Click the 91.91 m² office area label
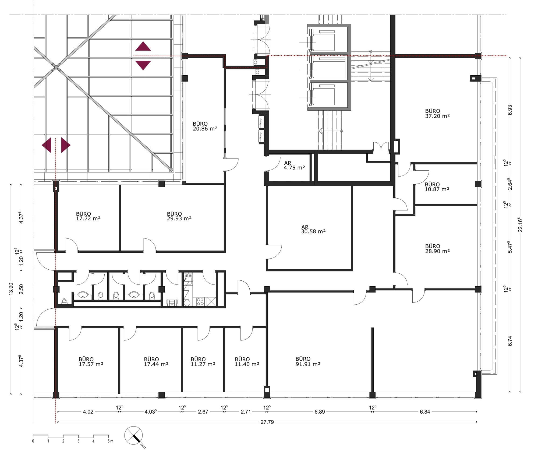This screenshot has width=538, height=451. [308, 361]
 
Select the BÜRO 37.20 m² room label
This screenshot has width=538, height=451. [437, 113]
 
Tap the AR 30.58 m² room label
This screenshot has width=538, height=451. [313, 229]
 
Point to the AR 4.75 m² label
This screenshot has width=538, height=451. [294, 165]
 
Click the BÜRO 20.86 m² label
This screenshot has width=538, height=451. [205, 126]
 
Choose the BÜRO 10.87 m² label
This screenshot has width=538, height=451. [437, 187]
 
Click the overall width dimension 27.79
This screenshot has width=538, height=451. [267, 422]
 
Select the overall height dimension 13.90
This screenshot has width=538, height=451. [11, 289]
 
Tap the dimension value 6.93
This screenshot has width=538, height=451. [510, 110]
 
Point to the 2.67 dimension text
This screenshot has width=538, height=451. [203, 412]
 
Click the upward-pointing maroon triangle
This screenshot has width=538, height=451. [143, 46]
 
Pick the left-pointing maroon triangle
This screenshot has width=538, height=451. [47, 145]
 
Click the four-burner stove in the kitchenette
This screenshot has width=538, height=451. [200, 301]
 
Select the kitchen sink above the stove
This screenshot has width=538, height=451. [188, 280]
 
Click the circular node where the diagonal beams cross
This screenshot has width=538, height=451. [56, 67]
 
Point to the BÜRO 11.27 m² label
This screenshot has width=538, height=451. [203, 362]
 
